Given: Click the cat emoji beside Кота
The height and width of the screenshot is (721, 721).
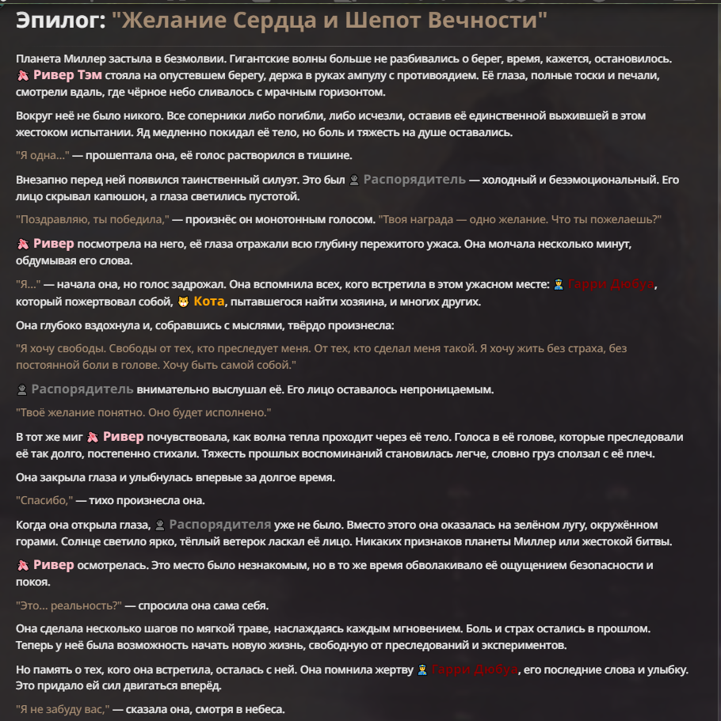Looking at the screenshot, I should (183, 302).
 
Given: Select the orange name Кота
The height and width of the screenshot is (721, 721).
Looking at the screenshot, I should (210, 302).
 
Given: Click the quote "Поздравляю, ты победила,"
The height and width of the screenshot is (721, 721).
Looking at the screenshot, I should (93, 219).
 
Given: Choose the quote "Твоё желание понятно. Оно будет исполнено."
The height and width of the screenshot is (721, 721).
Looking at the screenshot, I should (143, 413).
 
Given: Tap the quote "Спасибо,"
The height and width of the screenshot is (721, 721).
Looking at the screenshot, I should (44, 501).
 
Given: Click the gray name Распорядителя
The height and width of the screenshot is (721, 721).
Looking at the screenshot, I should (219, 525).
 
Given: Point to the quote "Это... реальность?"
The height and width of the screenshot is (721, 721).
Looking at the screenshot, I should (68, 606).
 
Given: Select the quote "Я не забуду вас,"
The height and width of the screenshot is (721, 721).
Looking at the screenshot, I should (63, 709).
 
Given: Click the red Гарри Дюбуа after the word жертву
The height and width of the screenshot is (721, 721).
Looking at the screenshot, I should (474, 670).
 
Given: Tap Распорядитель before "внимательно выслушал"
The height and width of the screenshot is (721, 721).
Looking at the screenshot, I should (82, 389).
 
